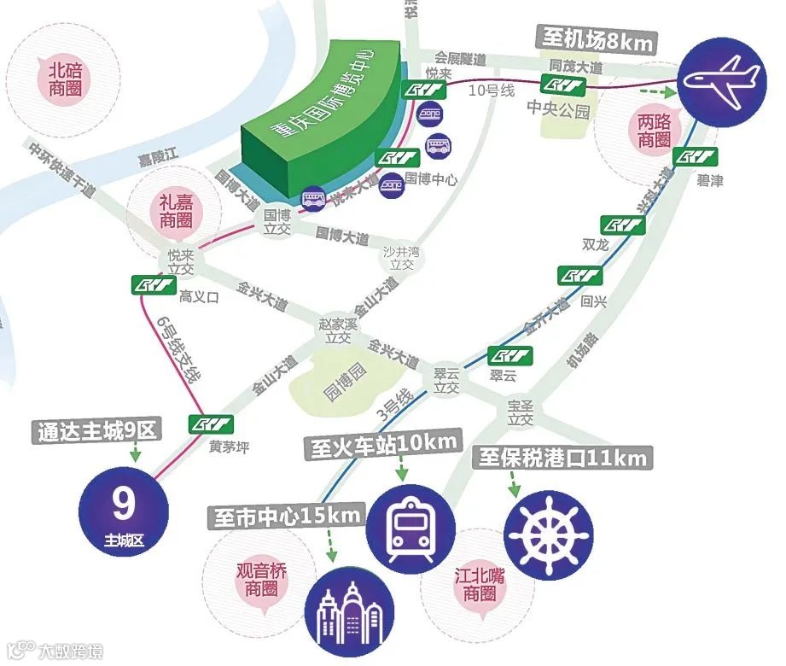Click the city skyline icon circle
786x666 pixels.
pos(350,608)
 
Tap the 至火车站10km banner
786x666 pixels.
pos(381,444)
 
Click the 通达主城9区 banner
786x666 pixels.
pos(97,430)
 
